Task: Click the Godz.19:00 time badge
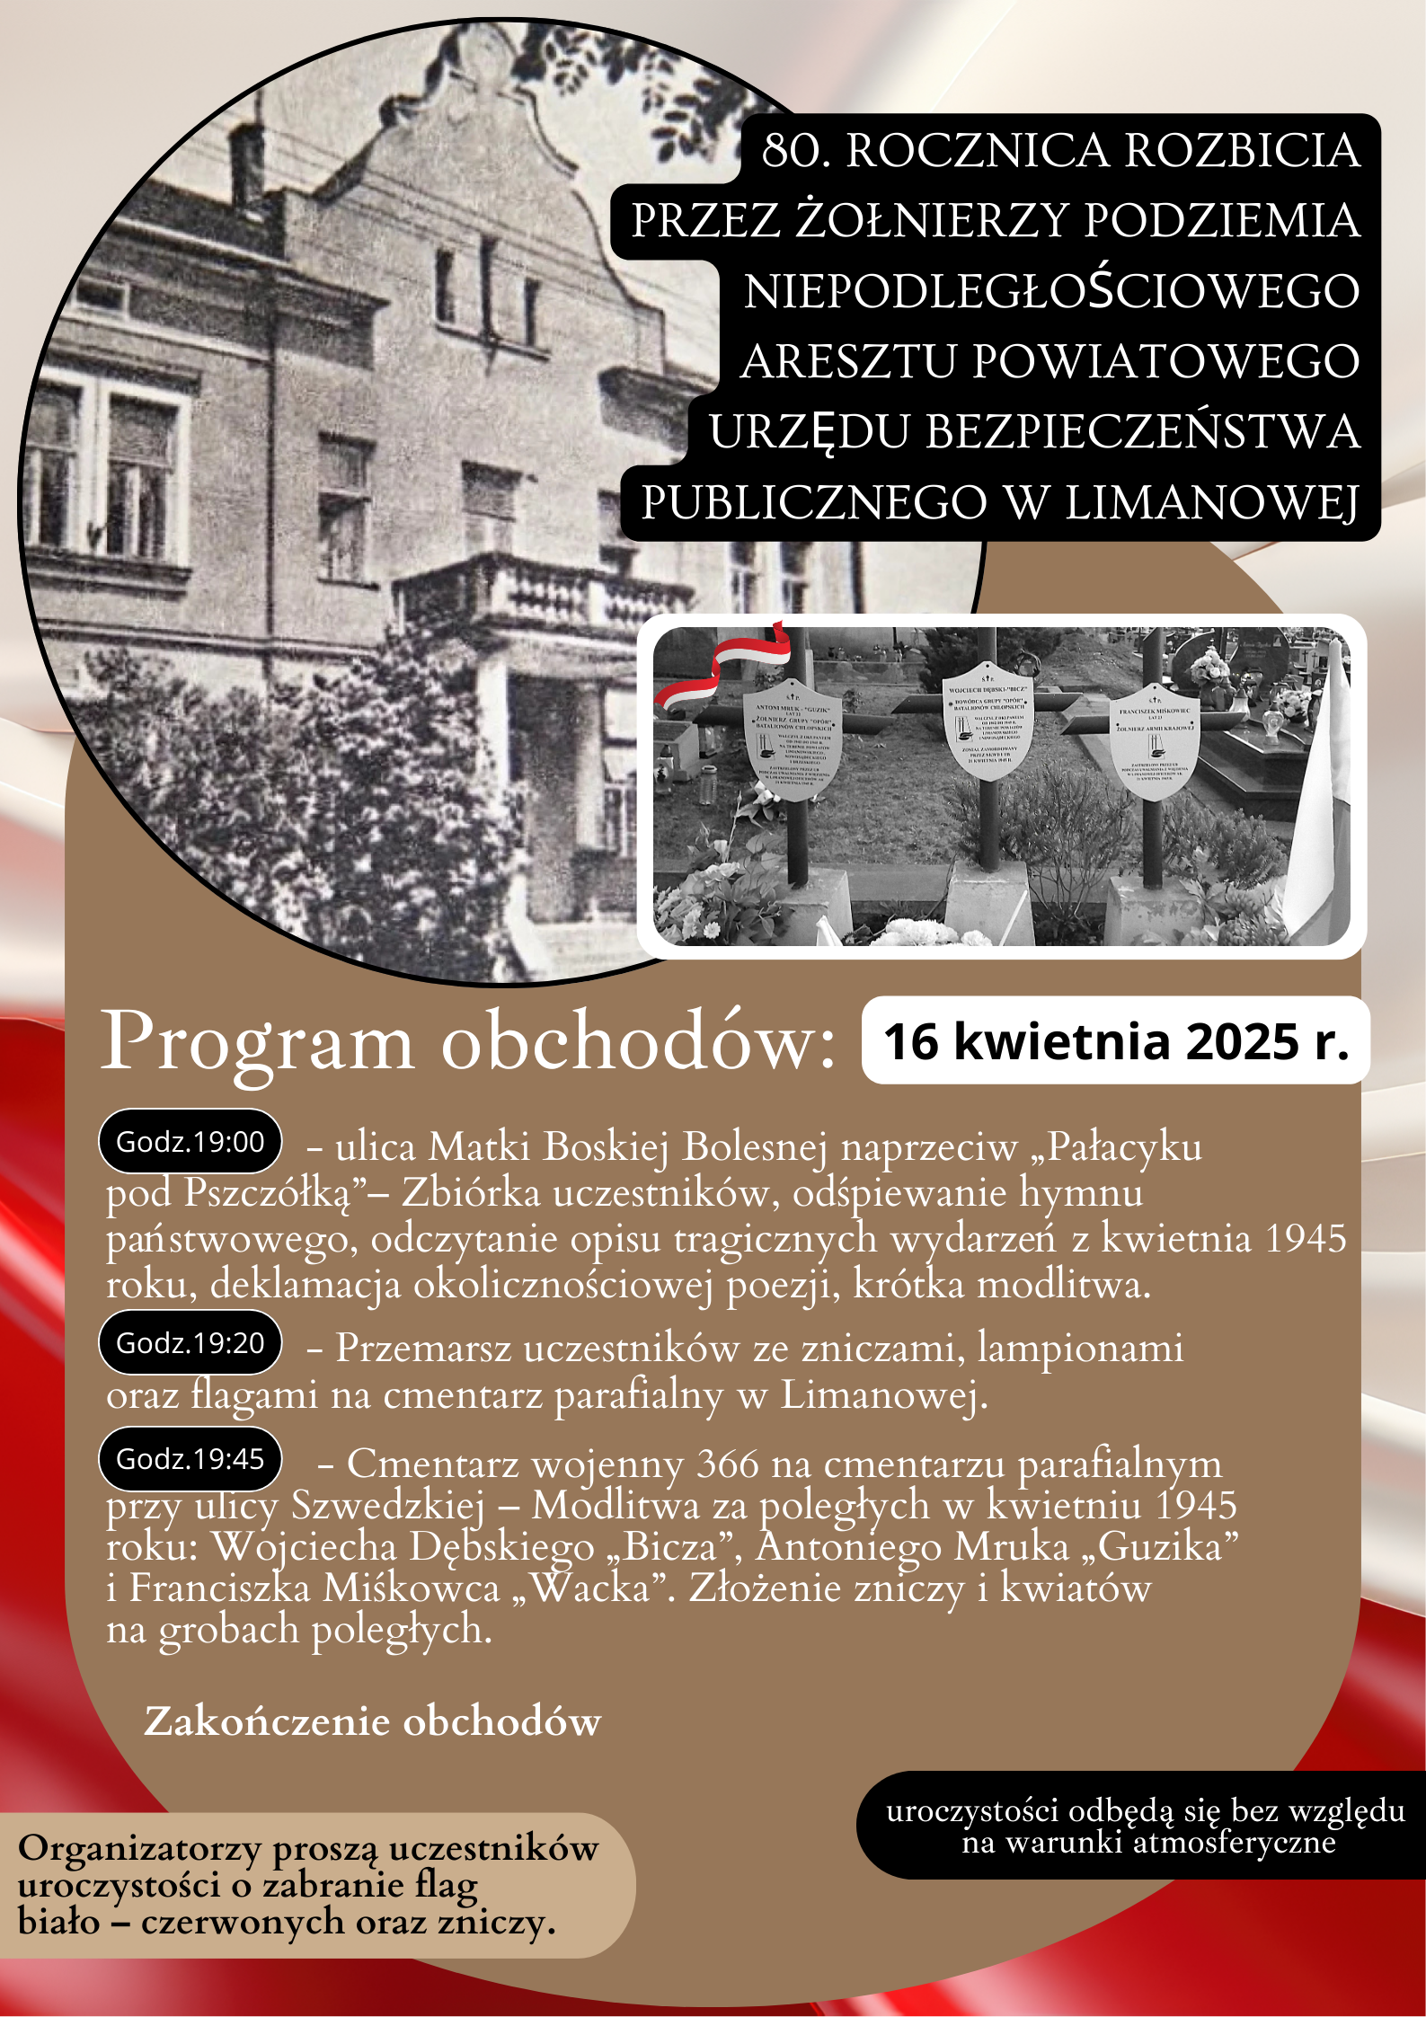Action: click(190, 1142)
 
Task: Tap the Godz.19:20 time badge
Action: click(190, 1343)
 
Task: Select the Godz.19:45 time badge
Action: click(190, 1459)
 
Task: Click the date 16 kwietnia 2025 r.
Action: click(1115, 1041)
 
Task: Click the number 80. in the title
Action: click(795, 150)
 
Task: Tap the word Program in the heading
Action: click(258, 1042)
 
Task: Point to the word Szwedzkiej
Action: click(388, 1506)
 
